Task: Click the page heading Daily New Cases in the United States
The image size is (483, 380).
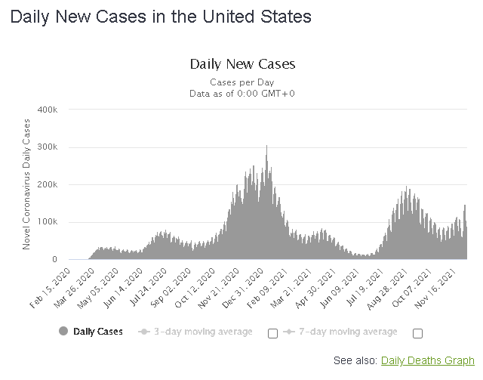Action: pos(160,16)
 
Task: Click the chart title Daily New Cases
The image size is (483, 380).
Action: pos(242,64)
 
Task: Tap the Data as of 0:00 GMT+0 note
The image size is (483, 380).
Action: pos(242,93)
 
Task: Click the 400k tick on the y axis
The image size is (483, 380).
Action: pos(48,110)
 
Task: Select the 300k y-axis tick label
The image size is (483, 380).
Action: pos(48,147)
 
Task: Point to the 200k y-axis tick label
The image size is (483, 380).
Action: pos(48,184)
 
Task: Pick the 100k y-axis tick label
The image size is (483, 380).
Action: pos(48,222)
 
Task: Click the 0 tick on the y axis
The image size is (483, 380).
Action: pos(54,259)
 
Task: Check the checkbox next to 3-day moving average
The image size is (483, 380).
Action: pos(272,333)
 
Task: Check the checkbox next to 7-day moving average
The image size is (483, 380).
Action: pos(417,333)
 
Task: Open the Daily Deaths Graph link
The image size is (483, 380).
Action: pos(427,360)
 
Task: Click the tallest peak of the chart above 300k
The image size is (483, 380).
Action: pos(266,147)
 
